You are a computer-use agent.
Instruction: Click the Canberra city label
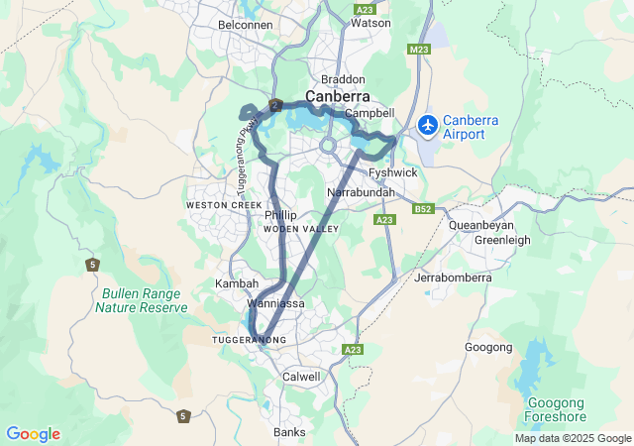[338, 97]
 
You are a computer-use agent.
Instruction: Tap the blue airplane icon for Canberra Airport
[428, 125]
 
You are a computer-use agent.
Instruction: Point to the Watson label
[370, 23]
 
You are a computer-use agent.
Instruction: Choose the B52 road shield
[423, 209]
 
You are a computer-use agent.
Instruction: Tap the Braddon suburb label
[343, 79]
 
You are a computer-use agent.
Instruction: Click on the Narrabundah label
[361, 191]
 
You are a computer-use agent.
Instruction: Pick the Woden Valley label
[300, 229]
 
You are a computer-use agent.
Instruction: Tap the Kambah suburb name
[237, 283]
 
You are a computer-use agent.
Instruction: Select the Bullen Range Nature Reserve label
[141, 300]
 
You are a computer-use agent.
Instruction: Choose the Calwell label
[301, 377]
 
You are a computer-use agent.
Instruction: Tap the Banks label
[290, 432]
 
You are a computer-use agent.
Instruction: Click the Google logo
[33, 434]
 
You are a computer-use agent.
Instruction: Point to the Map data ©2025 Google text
[572, 438]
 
